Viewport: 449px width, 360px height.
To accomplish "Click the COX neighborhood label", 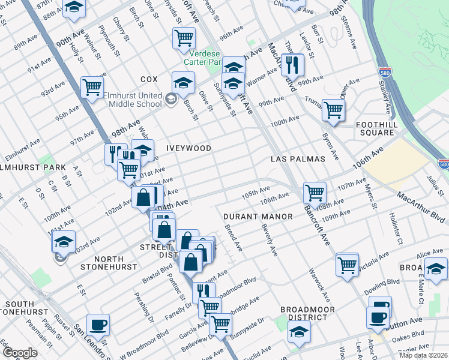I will coord(149,79).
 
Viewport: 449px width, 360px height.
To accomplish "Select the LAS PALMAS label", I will coord(298,159).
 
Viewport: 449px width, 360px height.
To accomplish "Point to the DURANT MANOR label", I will coord(258,216).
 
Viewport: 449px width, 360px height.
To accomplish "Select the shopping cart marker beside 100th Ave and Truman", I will coord(333,110).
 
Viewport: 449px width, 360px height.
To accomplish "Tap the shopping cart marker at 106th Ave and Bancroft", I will coord(315,193).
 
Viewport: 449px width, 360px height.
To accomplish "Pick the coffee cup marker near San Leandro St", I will coord(98,325).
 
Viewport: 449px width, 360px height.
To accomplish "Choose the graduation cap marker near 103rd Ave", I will coord(63,242).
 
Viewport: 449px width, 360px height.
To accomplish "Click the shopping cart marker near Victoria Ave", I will coord(347,264).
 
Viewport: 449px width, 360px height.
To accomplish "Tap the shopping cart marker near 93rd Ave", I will coord(92,87).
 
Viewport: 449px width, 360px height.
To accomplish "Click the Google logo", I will coord(20,353).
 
